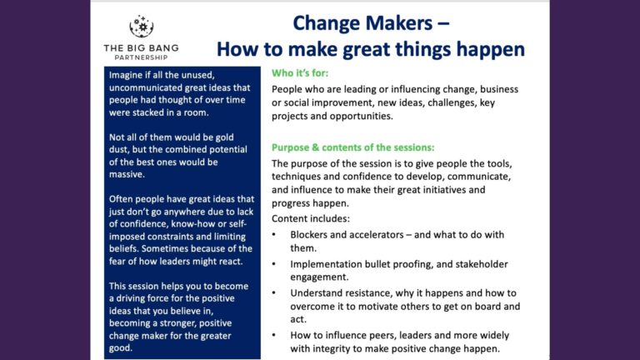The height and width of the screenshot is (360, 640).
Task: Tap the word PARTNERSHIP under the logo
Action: tap(141, 57)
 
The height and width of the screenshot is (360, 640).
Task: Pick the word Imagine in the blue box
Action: tap(130, 74)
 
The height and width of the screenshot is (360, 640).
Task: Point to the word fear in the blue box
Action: tap(120, 261)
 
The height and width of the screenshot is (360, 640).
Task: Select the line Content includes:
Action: tap(312, 218)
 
